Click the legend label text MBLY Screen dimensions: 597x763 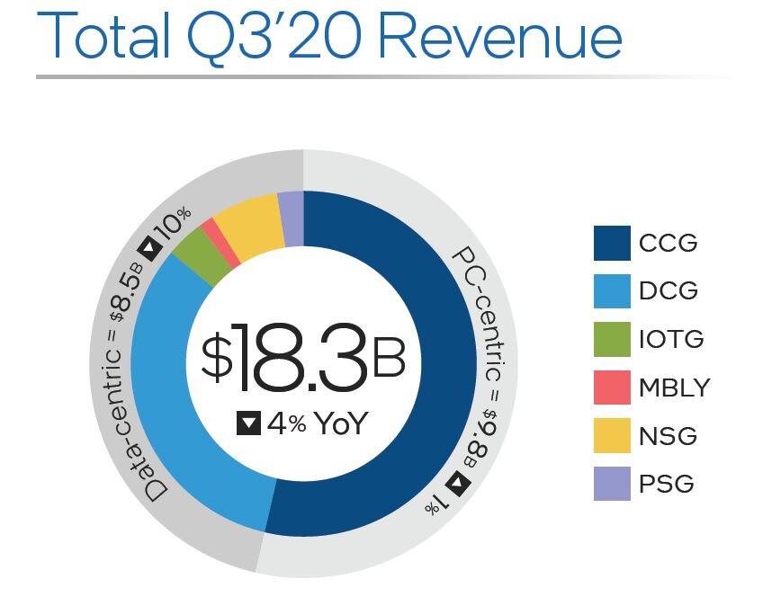[674, 388]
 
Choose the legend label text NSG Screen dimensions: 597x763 [668, 436]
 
